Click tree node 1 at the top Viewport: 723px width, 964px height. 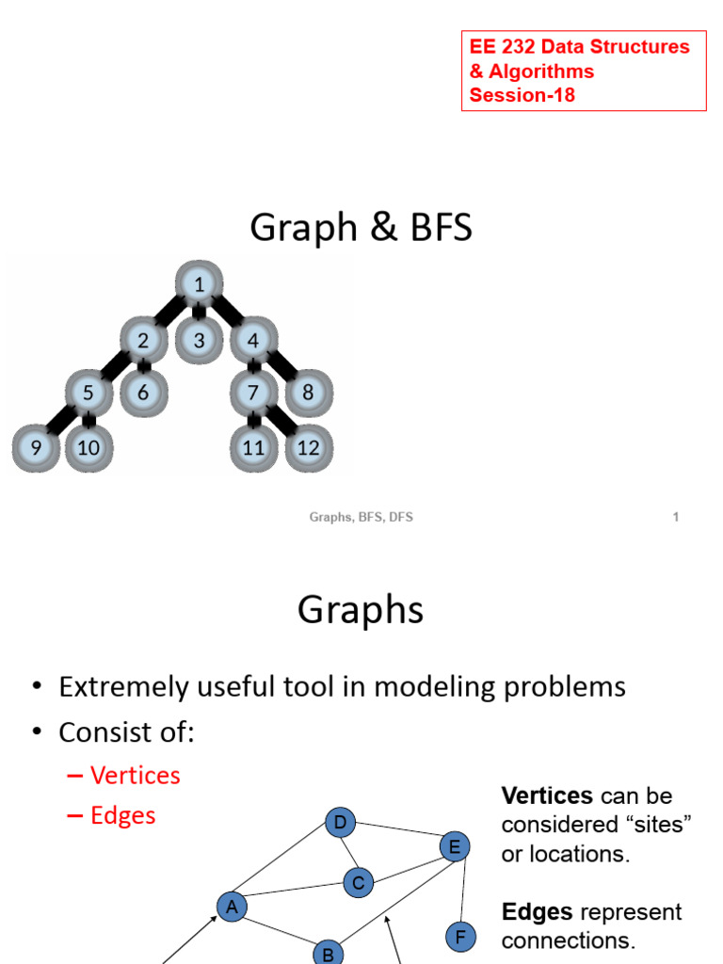199,284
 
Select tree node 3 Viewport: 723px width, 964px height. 199,340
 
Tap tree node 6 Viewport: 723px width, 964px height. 143,393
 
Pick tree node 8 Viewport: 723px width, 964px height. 308,393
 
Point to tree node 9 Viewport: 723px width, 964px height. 36,447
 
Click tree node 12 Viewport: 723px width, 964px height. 308,447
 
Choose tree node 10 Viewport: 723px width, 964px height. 88,447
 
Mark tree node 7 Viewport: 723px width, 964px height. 253,393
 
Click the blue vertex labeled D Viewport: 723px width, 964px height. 340,823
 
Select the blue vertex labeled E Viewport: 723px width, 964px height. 454,847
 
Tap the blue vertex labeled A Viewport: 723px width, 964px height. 232,907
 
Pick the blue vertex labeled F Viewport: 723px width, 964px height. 460,937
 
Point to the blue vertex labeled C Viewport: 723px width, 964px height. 359,883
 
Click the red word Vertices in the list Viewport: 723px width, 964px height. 135,776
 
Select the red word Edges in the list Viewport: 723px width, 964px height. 122,815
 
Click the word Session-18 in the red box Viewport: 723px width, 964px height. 522,95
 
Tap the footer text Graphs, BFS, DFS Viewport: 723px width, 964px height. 361,517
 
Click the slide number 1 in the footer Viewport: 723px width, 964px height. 676,517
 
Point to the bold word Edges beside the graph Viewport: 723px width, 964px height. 538,912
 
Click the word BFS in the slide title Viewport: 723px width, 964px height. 435,229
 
